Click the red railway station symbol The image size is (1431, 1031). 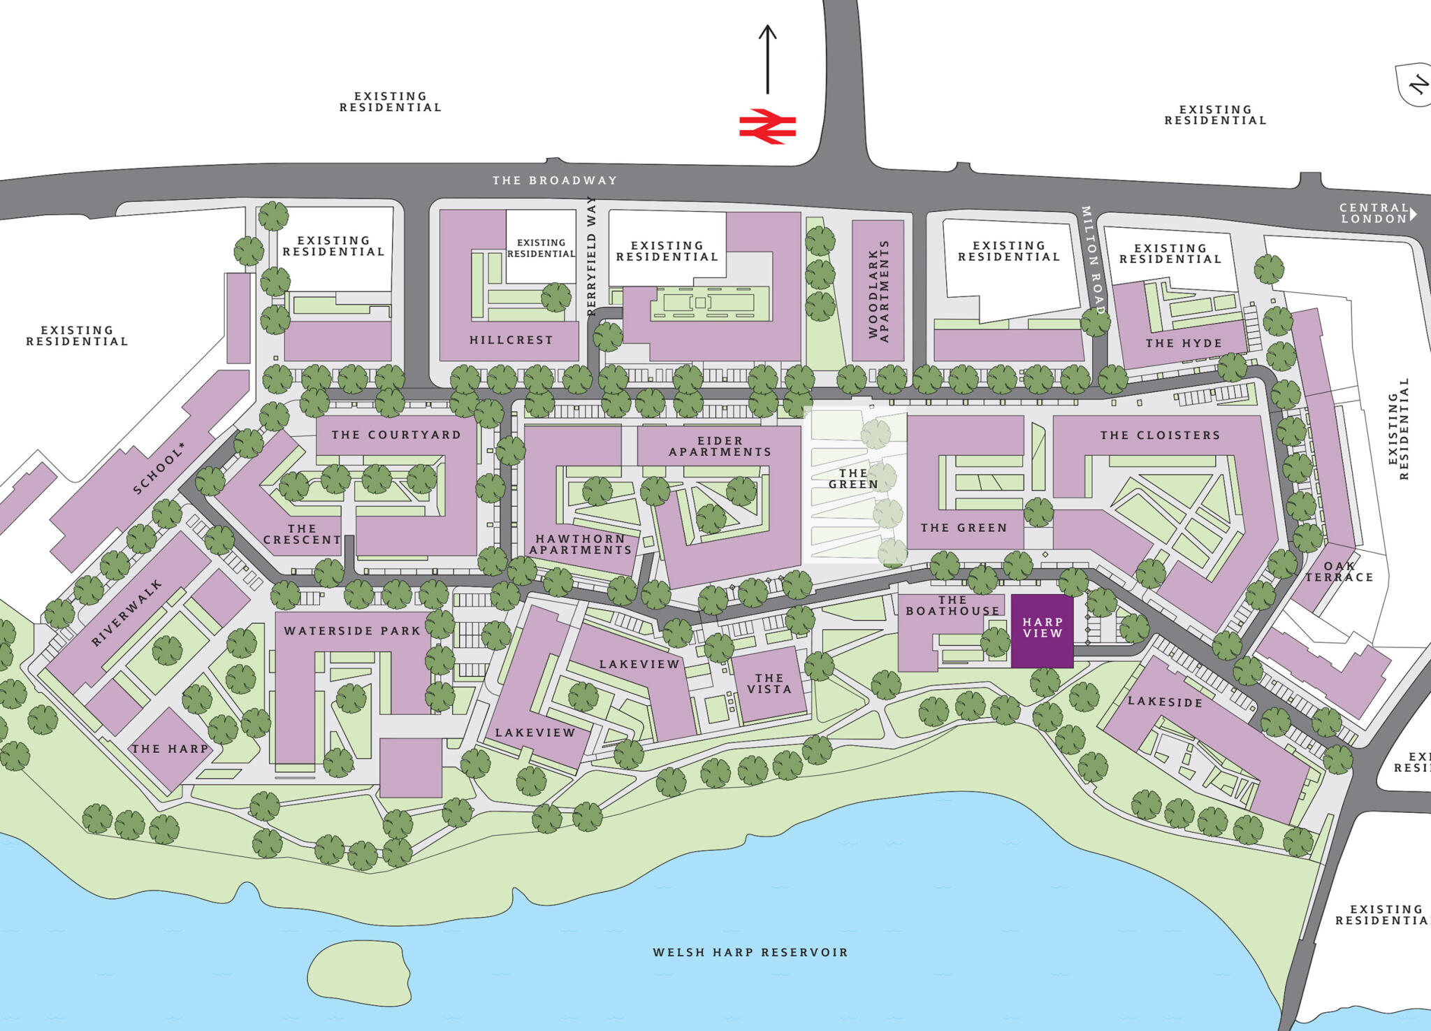coord(767,127)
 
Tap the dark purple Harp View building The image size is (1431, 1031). coord(1042,631)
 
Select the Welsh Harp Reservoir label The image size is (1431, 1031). coord(750,952)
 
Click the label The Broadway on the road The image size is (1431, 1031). coord(555,180)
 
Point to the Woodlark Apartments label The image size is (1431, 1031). coord(878,291)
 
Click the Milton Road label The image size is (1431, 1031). coord(1092,260)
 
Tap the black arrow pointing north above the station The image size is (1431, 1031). coord(767,59)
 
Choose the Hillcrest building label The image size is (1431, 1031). coord(511,340)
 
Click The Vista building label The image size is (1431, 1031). coord(769,684)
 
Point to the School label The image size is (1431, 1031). coord(159,468)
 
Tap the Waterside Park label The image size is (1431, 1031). coord(352,630)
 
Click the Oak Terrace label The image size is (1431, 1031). coord(1339,572)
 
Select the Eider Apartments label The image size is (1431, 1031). coord(720,447)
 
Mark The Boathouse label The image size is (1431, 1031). coord(952,605)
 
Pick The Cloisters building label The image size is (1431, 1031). coord(1160,435)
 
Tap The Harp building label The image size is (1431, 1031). coord(170,749)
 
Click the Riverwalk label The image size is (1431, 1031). coord(126,613)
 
